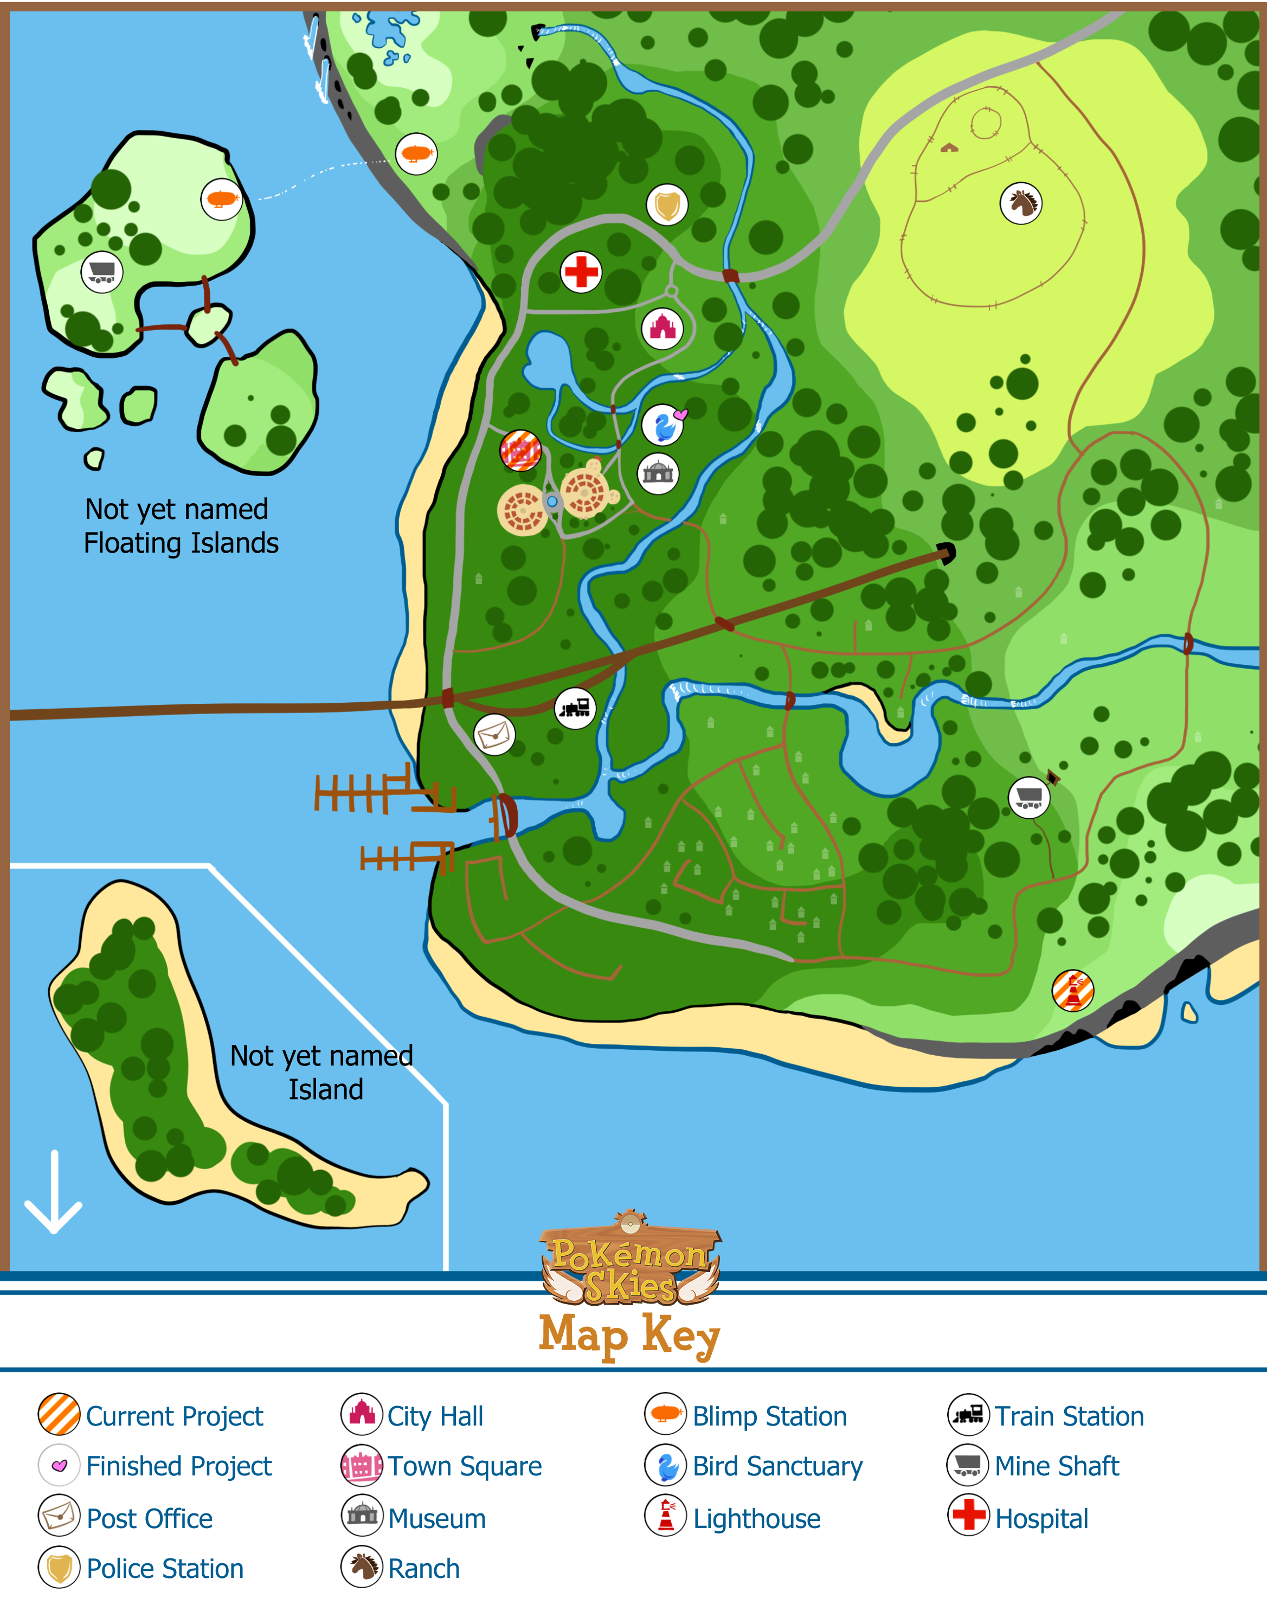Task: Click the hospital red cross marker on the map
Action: (x=581, y=272)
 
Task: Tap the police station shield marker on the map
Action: (x=667, y=205)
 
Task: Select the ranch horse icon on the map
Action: (x=1021, y=203)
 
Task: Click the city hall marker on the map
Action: (x=663, y=328)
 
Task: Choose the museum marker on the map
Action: (x=658, y=473)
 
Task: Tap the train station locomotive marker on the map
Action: (x=575, y=708)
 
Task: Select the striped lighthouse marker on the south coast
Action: (x=1073, y=990)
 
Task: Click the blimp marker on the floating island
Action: (x=222, y=199)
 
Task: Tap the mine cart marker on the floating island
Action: (x=101, y=272)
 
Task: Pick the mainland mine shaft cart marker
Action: (x=1029, y=798)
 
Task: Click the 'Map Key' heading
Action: (x=630, y=1333)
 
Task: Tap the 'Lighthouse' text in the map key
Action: (x=757, y=1518)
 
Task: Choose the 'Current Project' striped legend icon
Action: (x=59, y=1414)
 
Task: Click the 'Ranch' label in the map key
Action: (x=423, y=1568)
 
